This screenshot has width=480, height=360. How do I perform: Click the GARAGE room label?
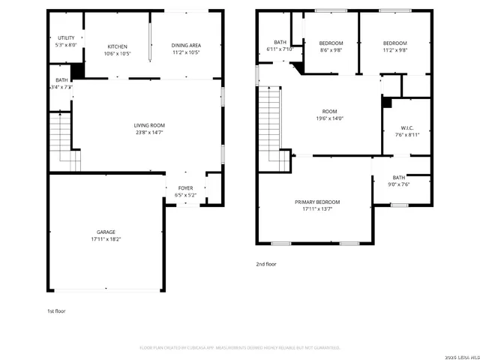coord(105,232)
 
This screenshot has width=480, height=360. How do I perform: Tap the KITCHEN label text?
coord(118,46)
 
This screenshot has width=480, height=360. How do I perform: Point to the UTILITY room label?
coord(66,38)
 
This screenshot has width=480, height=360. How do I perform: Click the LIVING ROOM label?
coord(149,125)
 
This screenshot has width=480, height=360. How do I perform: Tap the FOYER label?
coord(185,187)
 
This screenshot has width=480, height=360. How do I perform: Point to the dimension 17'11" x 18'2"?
coord(105,239)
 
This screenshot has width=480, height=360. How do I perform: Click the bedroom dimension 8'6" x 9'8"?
coord(330,50)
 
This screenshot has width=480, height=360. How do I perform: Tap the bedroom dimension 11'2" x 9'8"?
coord(394,50)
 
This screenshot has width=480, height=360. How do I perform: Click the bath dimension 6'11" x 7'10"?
coord(280,49)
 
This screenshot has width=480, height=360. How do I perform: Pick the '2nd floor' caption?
coord(266,264)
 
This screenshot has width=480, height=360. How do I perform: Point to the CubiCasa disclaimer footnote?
coord(240,348)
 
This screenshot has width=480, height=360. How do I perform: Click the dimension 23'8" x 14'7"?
coord(149,132)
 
